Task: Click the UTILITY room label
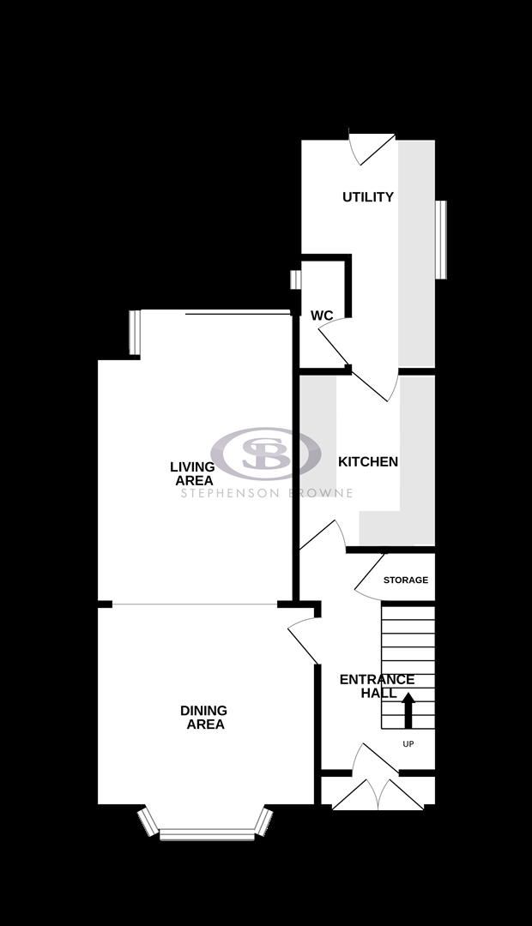tap(368, 197)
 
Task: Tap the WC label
tap(322, 316)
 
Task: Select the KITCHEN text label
tap(368, 462)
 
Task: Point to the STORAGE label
tap(405, 580)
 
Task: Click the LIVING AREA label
tap(193, 474)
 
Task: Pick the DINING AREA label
tap(204, 718)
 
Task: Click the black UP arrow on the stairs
tap(408, 710)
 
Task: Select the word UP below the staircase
tap(408, 744)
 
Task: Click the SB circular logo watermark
tap(266, 453)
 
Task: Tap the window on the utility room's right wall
tap(441, 239)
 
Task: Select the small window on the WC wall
tap(296, 280)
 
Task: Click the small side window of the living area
tap(135, 332)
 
